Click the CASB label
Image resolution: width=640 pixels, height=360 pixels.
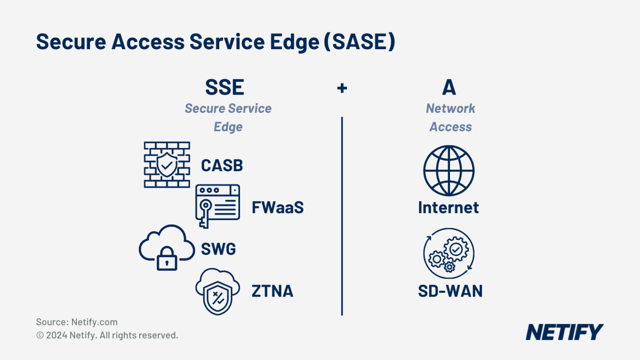[222, 166]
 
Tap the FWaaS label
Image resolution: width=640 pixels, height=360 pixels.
[277, 207]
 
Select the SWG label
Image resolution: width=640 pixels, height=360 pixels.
[218, 249]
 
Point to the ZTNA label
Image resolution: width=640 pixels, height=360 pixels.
[272, 292]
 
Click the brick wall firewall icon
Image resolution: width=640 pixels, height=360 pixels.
[167, 165]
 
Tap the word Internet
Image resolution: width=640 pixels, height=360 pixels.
[449, 207]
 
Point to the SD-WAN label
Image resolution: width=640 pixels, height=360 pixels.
[450, 291]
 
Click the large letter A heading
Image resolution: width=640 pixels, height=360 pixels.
[450, 87]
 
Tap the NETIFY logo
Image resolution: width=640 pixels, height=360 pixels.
[564, 332]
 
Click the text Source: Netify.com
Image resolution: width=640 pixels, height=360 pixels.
[77, 322]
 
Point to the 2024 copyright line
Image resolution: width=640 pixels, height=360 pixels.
[107, 335]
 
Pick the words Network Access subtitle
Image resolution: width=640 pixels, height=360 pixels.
[450, 117]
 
